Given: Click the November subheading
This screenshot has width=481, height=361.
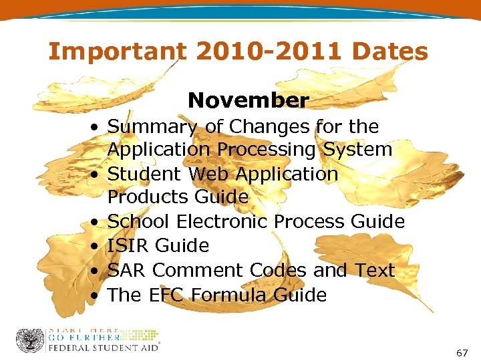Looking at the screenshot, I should pos(249,100).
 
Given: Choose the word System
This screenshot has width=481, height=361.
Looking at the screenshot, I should pos(357,149).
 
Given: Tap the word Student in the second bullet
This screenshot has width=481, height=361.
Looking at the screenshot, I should pos(145,174).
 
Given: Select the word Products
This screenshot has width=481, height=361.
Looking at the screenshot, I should pos(148,197).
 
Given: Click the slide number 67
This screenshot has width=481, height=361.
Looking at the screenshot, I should pos(462,352).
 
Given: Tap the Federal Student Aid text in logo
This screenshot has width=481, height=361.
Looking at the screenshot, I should pos(102,348).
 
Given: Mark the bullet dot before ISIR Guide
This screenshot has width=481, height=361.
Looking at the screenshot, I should pos(98,247).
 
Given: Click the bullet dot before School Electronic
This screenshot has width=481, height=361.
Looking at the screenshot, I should pos(98,222).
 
